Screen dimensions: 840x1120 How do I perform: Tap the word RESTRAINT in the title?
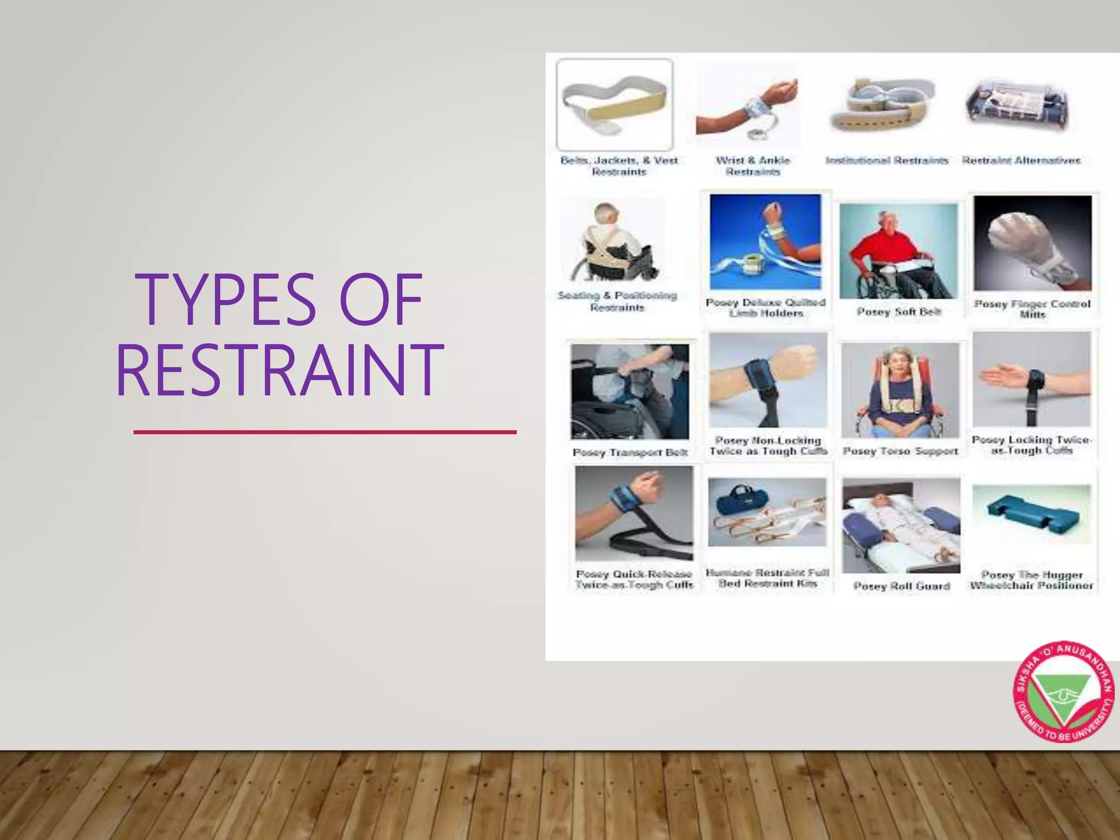pyautogui.click(x=279, y=370)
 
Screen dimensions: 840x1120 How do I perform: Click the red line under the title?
pyautogui.click(x=325, y=432)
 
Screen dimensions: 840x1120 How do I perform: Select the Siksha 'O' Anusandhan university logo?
pyautogui.click(x=1064, y=692)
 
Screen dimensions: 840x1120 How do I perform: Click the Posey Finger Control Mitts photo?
pyautogui.click(x=1032, y=243)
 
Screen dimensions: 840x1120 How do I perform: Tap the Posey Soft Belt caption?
pyautogui.click(x=899, y=312)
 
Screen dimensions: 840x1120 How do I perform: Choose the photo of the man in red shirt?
pyautogui.click(x=899, y=251)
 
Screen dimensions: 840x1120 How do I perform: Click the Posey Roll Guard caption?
pyautogui.click(x=902, y=586)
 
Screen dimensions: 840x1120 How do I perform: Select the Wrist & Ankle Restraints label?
pyautogui.click(x=753, y=166)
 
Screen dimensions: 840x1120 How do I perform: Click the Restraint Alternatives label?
pyautogui.click(x=1022, y=160)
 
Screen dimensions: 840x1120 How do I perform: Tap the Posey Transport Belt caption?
pyautogui.click(x=630, y=452)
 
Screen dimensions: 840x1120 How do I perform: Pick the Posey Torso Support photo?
pyautogui.click(x=900, y=390)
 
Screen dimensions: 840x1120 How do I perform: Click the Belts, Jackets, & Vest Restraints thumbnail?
pyautogui.click(x=615, y=104)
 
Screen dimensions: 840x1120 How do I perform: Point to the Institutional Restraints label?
pyautogui.click(x=886, y=160)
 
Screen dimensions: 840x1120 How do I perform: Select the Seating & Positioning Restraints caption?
pyautogui.click(x=617, y=301)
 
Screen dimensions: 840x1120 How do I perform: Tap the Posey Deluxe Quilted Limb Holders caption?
pyautogui.click(x=766, y=307)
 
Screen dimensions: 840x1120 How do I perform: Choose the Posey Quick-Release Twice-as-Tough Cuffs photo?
pyautogui.click(x=634, y=513)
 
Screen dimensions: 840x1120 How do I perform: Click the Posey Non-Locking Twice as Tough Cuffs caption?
pyautogui.click(x=768, y=446)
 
